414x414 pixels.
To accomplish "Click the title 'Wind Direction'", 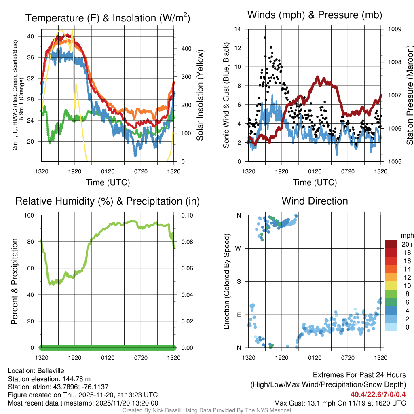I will (315, 201).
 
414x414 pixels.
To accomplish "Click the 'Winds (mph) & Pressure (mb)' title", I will (315, 15).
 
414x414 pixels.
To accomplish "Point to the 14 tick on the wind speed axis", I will (238, 29).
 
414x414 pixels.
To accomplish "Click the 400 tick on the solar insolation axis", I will (181, 49).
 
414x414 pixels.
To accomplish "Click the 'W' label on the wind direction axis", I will (239, 248).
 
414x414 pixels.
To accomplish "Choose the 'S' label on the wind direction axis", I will (239, 281).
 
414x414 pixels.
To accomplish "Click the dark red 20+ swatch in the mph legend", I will (391, 245).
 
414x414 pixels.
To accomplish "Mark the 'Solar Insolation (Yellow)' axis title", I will (200, 95).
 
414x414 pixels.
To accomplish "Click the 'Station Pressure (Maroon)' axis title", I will (409, 95).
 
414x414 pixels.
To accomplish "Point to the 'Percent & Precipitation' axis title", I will (15, 281).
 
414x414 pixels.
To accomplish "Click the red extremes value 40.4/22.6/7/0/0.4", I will (378, 394).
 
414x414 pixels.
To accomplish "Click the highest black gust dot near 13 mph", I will (265, 38).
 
